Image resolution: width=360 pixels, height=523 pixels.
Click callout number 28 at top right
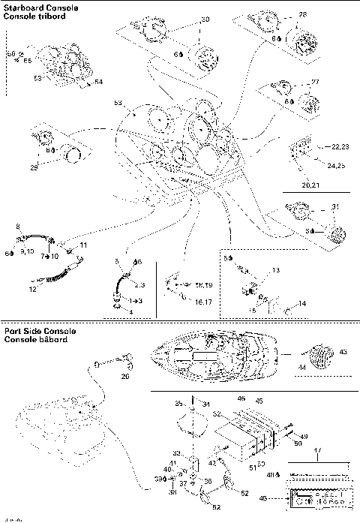(302, 14)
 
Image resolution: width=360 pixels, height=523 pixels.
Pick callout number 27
(314, 82)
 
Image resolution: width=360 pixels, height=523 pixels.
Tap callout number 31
(335, 208)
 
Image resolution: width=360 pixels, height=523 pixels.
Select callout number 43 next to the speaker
(343, 352)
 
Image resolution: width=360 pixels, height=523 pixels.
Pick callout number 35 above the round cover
(179, 404)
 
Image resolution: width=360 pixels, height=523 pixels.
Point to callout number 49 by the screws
(304, 435)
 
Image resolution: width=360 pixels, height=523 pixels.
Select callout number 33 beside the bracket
(177, 452)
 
